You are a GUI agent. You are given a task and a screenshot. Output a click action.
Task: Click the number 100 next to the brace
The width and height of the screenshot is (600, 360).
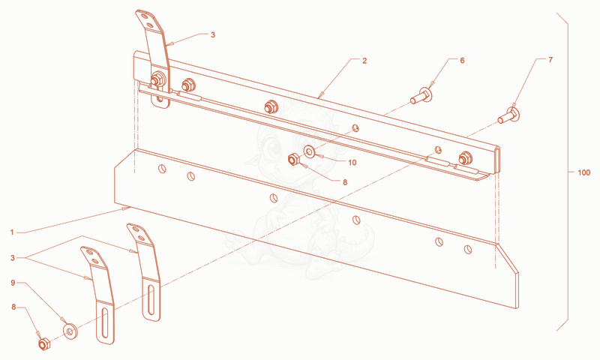pyautogui.click(x=583, y=172)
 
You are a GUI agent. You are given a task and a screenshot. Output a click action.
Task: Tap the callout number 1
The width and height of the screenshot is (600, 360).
pyautogui.click(x=12, y=232)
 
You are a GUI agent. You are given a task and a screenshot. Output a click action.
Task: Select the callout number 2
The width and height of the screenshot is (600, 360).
pyautogui.click(x=364, y=61)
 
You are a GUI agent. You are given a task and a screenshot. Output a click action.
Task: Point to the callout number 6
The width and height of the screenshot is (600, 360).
pyautogui.click(x=462, y=61)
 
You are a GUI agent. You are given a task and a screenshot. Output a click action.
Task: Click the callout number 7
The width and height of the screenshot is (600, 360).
pyautogui.click(x=550, y=60)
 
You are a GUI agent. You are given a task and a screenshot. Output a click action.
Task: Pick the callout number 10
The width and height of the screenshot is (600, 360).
pyautogui.click(x=352, y=163)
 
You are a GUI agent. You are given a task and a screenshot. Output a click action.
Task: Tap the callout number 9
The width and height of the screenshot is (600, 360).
pyautogui.click(x=13, y=283)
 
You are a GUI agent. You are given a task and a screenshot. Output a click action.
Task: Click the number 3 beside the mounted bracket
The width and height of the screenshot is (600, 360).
pyautogui.click(x=213, y=34)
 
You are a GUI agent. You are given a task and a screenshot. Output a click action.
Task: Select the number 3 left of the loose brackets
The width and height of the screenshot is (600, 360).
pyautogui.click(x=13, y=258)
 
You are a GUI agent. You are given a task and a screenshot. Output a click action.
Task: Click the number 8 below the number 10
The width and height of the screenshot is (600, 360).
pyautogui.click(x=345, y=182)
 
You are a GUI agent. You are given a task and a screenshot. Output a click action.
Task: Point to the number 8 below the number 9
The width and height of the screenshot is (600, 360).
pyautogui.click(x=13, y=307)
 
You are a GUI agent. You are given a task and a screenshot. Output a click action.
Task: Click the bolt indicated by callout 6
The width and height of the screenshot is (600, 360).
pyautogui.click(x=421, y=96)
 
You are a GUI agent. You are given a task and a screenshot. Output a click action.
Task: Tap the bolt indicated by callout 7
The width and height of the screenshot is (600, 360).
pyautogui.click(x=509, y=115)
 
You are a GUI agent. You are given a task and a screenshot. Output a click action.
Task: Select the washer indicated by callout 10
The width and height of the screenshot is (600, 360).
pyautogui.click(x=309, y=151)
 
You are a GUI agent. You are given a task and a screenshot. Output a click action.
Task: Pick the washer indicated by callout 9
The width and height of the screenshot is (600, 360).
pyautogui.click(x=70, y=331)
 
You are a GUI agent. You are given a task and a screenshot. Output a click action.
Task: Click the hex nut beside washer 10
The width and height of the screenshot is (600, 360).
pyautogui.click(x=293, y=159)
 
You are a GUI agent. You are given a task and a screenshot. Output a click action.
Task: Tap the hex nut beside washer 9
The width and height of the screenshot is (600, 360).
pyautogui.click(x=44, y=344)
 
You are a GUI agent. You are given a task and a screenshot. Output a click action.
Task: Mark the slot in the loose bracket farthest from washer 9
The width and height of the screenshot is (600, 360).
pyautogui.click(x=151, y=300)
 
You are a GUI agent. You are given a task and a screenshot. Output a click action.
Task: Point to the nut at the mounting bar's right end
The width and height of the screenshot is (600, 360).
pyautogui.click(x=465, y=157)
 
